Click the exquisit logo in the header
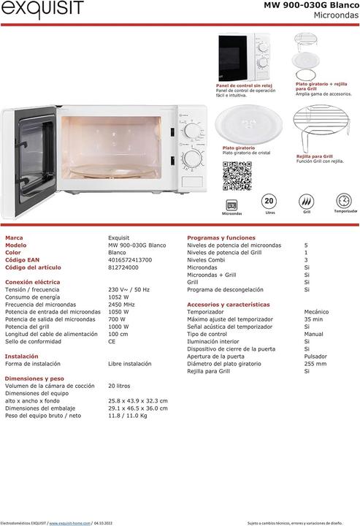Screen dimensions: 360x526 42,9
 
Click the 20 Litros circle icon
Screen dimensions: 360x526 269,201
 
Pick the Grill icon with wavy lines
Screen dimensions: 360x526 307,201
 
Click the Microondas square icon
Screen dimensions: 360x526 232,204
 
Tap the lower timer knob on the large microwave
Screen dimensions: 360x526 193,159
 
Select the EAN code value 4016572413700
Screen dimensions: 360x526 130,260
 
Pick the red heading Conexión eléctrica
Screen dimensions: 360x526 32,282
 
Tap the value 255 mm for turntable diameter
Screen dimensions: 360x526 315,363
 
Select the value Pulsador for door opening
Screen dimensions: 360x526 317,356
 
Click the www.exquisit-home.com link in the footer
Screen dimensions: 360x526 70,522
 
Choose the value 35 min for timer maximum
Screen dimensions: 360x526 313,319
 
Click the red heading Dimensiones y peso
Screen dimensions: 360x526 34,378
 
